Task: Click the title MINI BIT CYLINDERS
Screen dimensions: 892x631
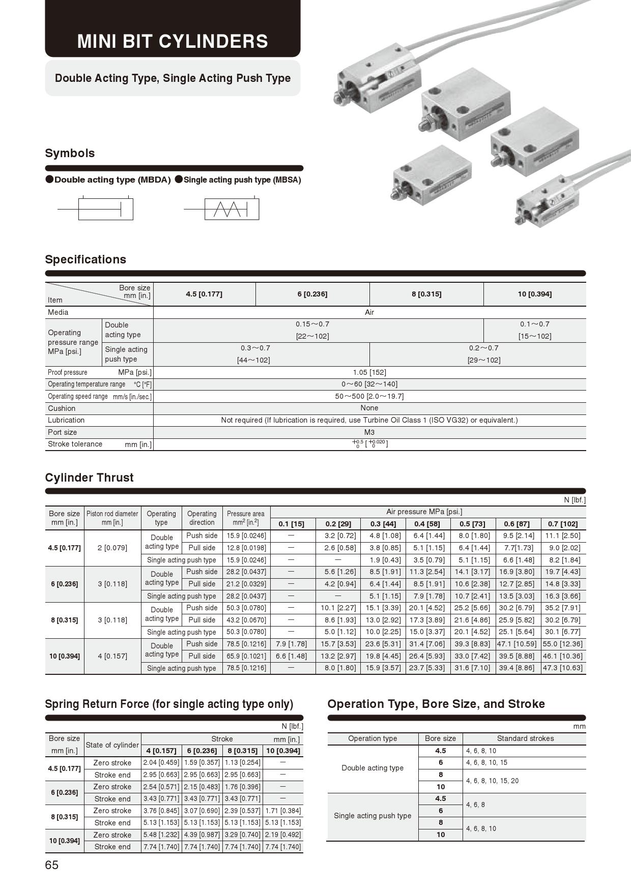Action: pyautogui.click(x=173, y=41)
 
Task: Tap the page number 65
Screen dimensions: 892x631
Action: pyautogui.click(x=52, y=865)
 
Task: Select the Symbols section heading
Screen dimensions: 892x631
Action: pyautogui.click(x=70, y=153)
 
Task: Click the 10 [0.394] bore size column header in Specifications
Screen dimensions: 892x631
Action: pyautogui.click(x=534, y=294)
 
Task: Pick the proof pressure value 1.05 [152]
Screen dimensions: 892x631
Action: pyautogui.click(x=369, y=372)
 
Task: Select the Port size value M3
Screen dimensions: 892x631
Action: pyautogui.click(x=369, y=432)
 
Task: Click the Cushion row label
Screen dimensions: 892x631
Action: pyautogui.click(x=62, y=408)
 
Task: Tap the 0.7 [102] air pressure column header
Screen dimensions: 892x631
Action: pyautogui.click(x=562, y=524)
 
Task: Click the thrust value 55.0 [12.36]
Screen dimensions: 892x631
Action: pyautogui.click(x=562, y=644)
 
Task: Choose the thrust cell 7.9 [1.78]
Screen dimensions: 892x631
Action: pyautogui.click(x=291, y=644)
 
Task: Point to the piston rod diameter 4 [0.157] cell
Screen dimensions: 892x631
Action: pyautogui.click(x=112, y=656)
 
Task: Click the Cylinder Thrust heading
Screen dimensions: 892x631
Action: pyautogui.click(x=89, y=478)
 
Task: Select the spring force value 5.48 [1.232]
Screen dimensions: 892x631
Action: pyautogui.click(x=161, y=835)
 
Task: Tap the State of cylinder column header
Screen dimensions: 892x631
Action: pyautogui.click(x=112, y=745)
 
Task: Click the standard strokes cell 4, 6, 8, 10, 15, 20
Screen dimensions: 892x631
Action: pyautogui.click(x=492, y=781)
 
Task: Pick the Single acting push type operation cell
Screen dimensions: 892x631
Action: pyautogui.click(x=372, y=816)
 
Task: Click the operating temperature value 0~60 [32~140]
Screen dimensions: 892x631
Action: pyautogui.click(x=369, y=384)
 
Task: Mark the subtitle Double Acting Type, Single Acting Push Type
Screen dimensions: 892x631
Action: pyautogui.click(x=173, y=78)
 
